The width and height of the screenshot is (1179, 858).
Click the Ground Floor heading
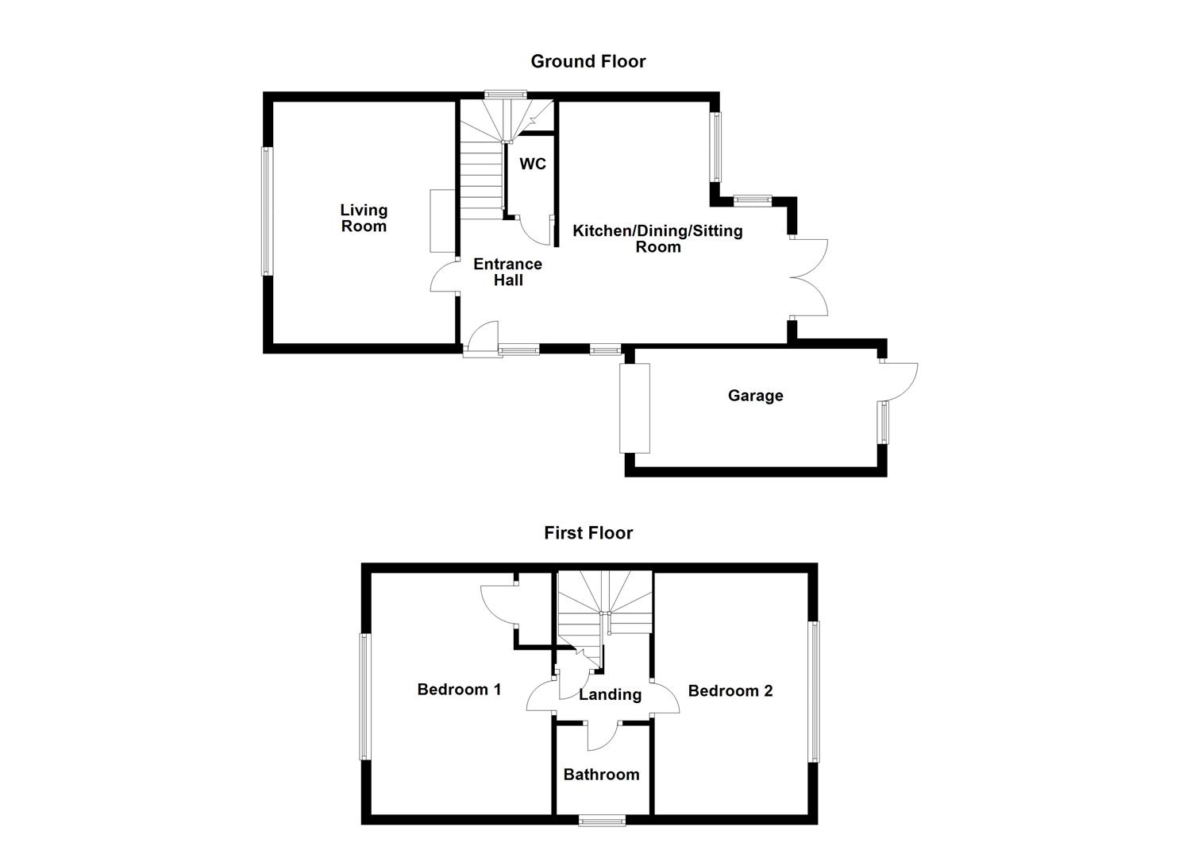click(x=588, y=61)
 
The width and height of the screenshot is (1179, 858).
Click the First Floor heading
click(x=588, y=532)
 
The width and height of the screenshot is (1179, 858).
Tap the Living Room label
click(x=364, y=218)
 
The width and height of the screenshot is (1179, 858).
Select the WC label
click(x=533, y=164)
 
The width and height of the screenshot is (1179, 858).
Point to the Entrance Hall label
click(x=507, y=272)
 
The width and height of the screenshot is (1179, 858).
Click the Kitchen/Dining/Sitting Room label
click(x=657, y=238)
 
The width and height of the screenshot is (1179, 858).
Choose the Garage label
click(x=755, y=396)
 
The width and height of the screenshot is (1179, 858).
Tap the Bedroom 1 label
click(x=459, y=689)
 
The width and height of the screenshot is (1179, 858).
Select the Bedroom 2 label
click(x=730, y=690)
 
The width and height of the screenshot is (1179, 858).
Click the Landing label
click(x=610, y=694)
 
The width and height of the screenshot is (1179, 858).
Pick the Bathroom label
click(x=601, y=774)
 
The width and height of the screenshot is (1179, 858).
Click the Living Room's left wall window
click(x=268, y=211)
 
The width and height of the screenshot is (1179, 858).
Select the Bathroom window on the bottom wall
click(x=601, y=820)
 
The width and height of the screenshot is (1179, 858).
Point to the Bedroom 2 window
click(x=814, y=691)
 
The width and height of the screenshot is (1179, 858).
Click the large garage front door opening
click(x=635, y=408)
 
